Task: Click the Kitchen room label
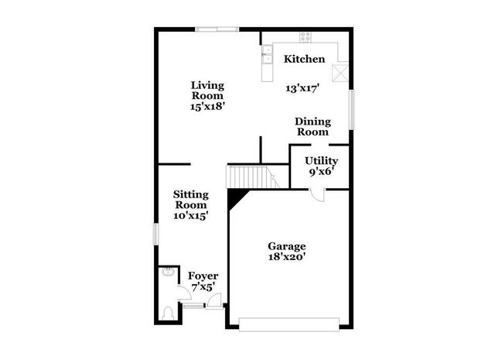pos(304,60)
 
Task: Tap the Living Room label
pos(207,91)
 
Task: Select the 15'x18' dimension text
pos(207,107)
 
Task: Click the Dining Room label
pos(312,127)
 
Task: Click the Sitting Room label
pos(189,200)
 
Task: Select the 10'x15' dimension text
pos(189,216)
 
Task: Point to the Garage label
pos(286,246)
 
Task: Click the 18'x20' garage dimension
pos(286,258)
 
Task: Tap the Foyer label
pos(203,276)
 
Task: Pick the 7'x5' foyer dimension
pos(203,287)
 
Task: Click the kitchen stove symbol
pos(306,35)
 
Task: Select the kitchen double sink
pos(268,53)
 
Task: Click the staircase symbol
pos(249,177)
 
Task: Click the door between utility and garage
pos(318,193)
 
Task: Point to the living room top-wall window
pos(217,30)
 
